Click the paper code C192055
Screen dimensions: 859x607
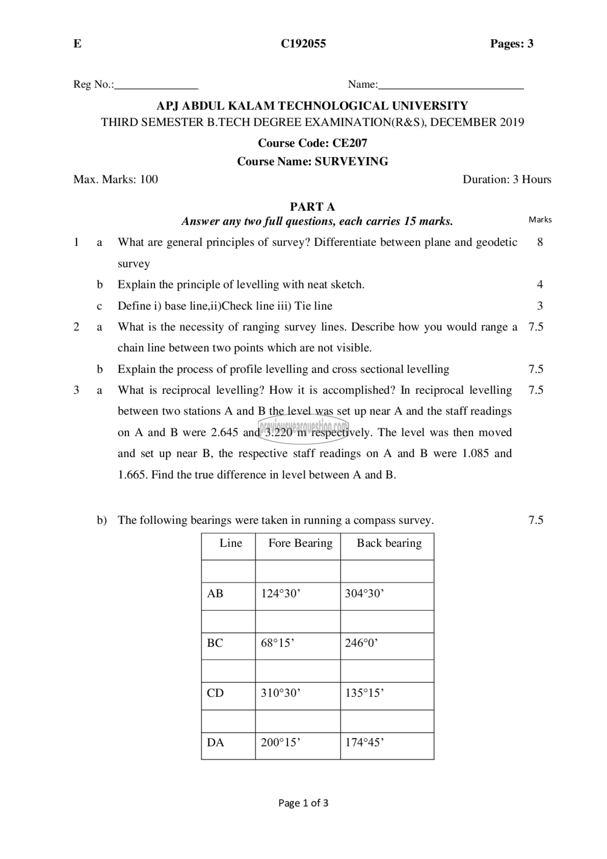303,44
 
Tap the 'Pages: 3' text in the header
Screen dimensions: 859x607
511,44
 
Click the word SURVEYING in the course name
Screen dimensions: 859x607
351,161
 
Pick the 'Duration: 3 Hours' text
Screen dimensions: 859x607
507,179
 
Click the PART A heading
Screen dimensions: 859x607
313,207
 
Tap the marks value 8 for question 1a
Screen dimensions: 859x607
540,242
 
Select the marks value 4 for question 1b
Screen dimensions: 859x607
540,284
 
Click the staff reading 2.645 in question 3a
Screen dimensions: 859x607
225,433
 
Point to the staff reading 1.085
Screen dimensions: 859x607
476,453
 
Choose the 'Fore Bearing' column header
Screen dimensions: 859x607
300,543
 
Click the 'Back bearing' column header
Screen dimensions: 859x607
389,543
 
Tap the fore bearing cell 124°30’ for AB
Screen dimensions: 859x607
281,593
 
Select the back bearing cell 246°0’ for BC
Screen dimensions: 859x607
361,643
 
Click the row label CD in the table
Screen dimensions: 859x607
215,693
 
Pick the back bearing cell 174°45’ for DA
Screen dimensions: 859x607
365,742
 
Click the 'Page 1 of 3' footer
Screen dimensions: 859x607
303,803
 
